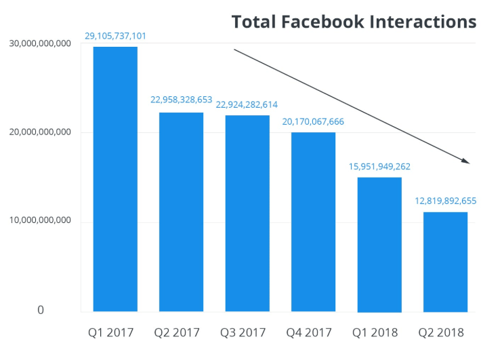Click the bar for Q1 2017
[x=115, y=179]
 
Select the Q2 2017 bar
[x=181, y=212]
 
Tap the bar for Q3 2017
[x=247, y=213]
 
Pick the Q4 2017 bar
[x=313, y=222]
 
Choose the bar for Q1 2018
[x=379, y=244]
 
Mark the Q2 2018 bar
[x=445, y=262]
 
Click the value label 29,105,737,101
[x=115, y=35]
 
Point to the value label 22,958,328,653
[x=181, y=100]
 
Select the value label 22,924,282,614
[x=247, y=104]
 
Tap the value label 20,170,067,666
[x=313, y=121]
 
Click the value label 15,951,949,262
[x=379, y=166]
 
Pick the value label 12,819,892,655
[x=446, y=201]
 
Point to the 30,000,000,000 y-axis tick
[x=40, y=43]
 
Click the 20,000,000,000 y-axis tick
[x=40, y=132]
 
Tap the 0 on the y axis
[x=41, y=310]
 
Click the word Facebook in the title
[x=331, y=22]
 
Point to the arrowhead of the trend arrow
[x=466, y=161]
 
